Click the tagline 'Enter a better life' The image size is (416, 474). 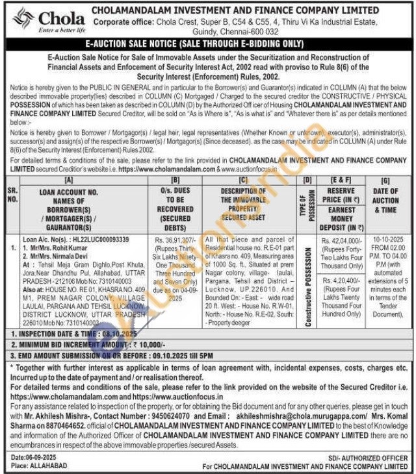(62, 31)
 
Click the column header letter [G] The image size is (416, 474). (386, 179)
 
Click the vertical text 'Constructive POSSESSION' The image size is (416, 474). (308, 289)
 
